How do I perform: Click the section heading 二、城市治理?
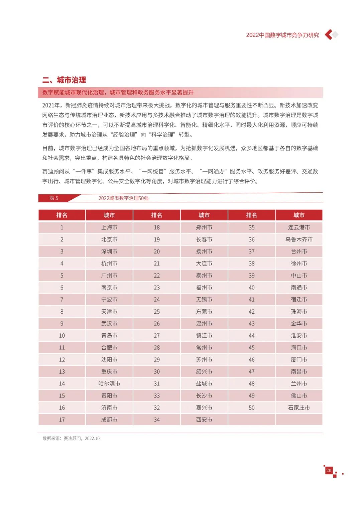pos(64,80)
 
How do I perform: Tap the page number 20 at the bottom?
pos(329,470)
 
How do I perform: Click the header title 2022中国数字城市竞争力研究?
pos(282,35)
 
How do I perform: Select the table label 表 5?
pos(54,198)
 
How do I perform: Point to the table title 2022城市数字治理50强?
pos(123,198)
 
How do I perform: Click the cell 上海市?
pos(109,227)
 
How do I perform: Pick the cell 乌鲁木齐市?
pos(299,239)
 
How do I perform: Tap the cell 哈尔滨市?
pos(109,384)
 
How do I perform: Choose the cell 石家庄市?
pos(299,408)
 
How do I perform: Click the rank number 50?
pos(251,408)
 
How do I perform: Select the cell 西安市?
pos(204,420)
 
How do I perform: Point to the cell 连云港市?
pos(299,227)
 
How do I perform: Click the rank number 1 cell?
pos(62,227)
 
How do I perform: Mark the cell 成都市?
pos(109,420)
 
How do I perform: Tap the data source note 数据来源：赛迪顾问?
pos(71,439)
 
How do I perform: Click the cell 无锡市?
pos(204,300)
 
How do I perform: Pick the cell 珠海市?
pos(299,312)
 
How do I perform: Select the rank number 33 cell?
pos(157,396)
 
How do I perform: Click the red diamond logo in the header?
pos(331,35)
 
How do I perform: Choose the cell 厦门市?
pos(299,360)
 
